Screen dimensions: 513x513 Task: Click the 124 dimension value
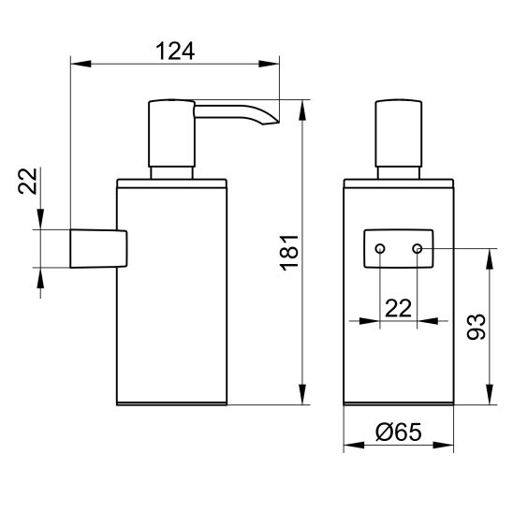(x=175, y=51)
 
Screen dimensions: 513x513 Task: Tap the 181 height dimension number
(x=289, y=253)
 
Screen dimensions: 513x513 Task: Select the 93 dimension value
(x=476, y=327)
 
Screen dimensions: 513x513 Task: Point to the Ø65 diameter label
(x=399, y=432)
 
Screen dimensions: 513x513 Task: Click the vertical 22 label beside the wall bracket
(x=27, y=182)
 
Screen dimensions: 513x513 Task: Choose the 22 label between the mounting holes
(x=398, y=308)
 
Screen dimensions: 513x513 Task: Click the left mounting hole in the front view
(x=380, y=249)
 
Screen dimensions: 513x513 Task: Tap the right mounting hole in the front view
(x=418, y=249)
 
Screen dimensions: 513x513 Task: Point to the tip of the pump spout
(x=278, y=123)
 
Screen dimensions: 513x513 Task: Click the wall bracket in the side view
(x=98, y=249)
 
